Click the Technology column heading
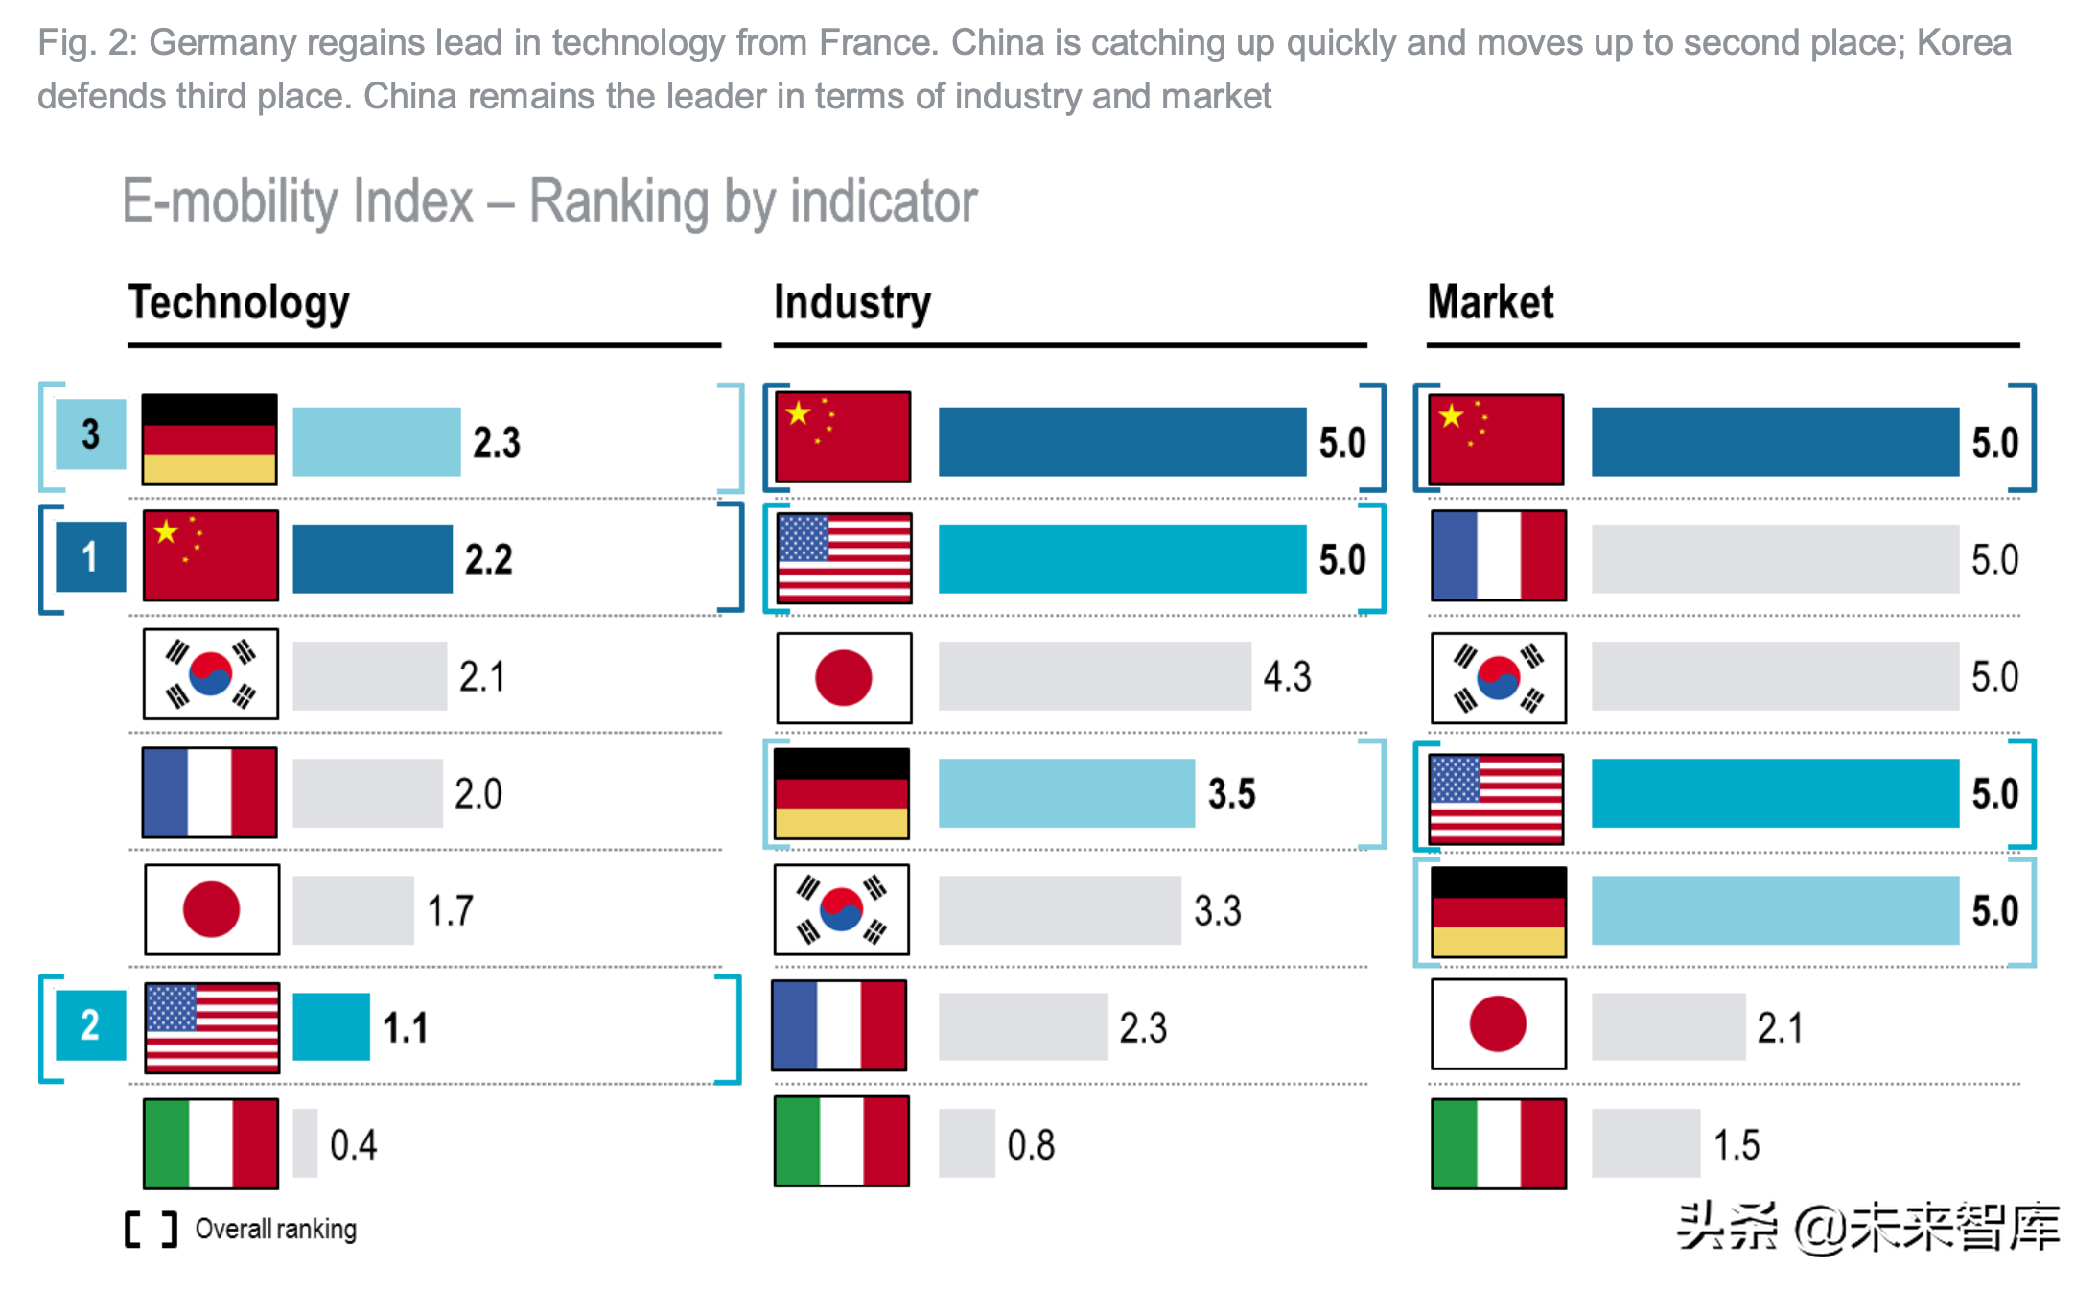point(239,303)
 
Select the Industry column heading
point(851,303)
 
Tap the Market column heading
point(1490,303)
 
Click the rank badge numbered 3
point(90,434)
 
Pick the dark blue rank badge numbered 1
point(90,556)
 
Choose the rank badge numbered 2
point(90,1025)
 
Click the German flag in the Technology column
point(210,439)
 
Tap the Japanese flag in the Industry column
point(844,677)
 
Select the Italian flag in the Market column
point(1499,1143)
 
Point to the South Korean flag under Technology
point(211,674)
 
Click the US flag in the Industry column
point(844,558)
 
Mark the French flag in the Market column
point(1499,556)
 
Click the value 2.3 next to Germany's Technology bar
point(497,442)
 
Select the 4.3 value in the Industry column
point(1287,677)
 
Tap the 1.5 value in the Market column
point(1737,1145)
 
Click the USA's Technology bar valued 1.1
point(331,1026)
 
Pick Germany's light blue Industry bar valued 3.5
point(1066,793)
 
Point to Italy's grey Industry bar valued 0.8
point(967,1143)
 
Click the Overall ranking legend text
point(275,1229)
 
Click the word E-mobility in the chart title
point(297,201)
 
